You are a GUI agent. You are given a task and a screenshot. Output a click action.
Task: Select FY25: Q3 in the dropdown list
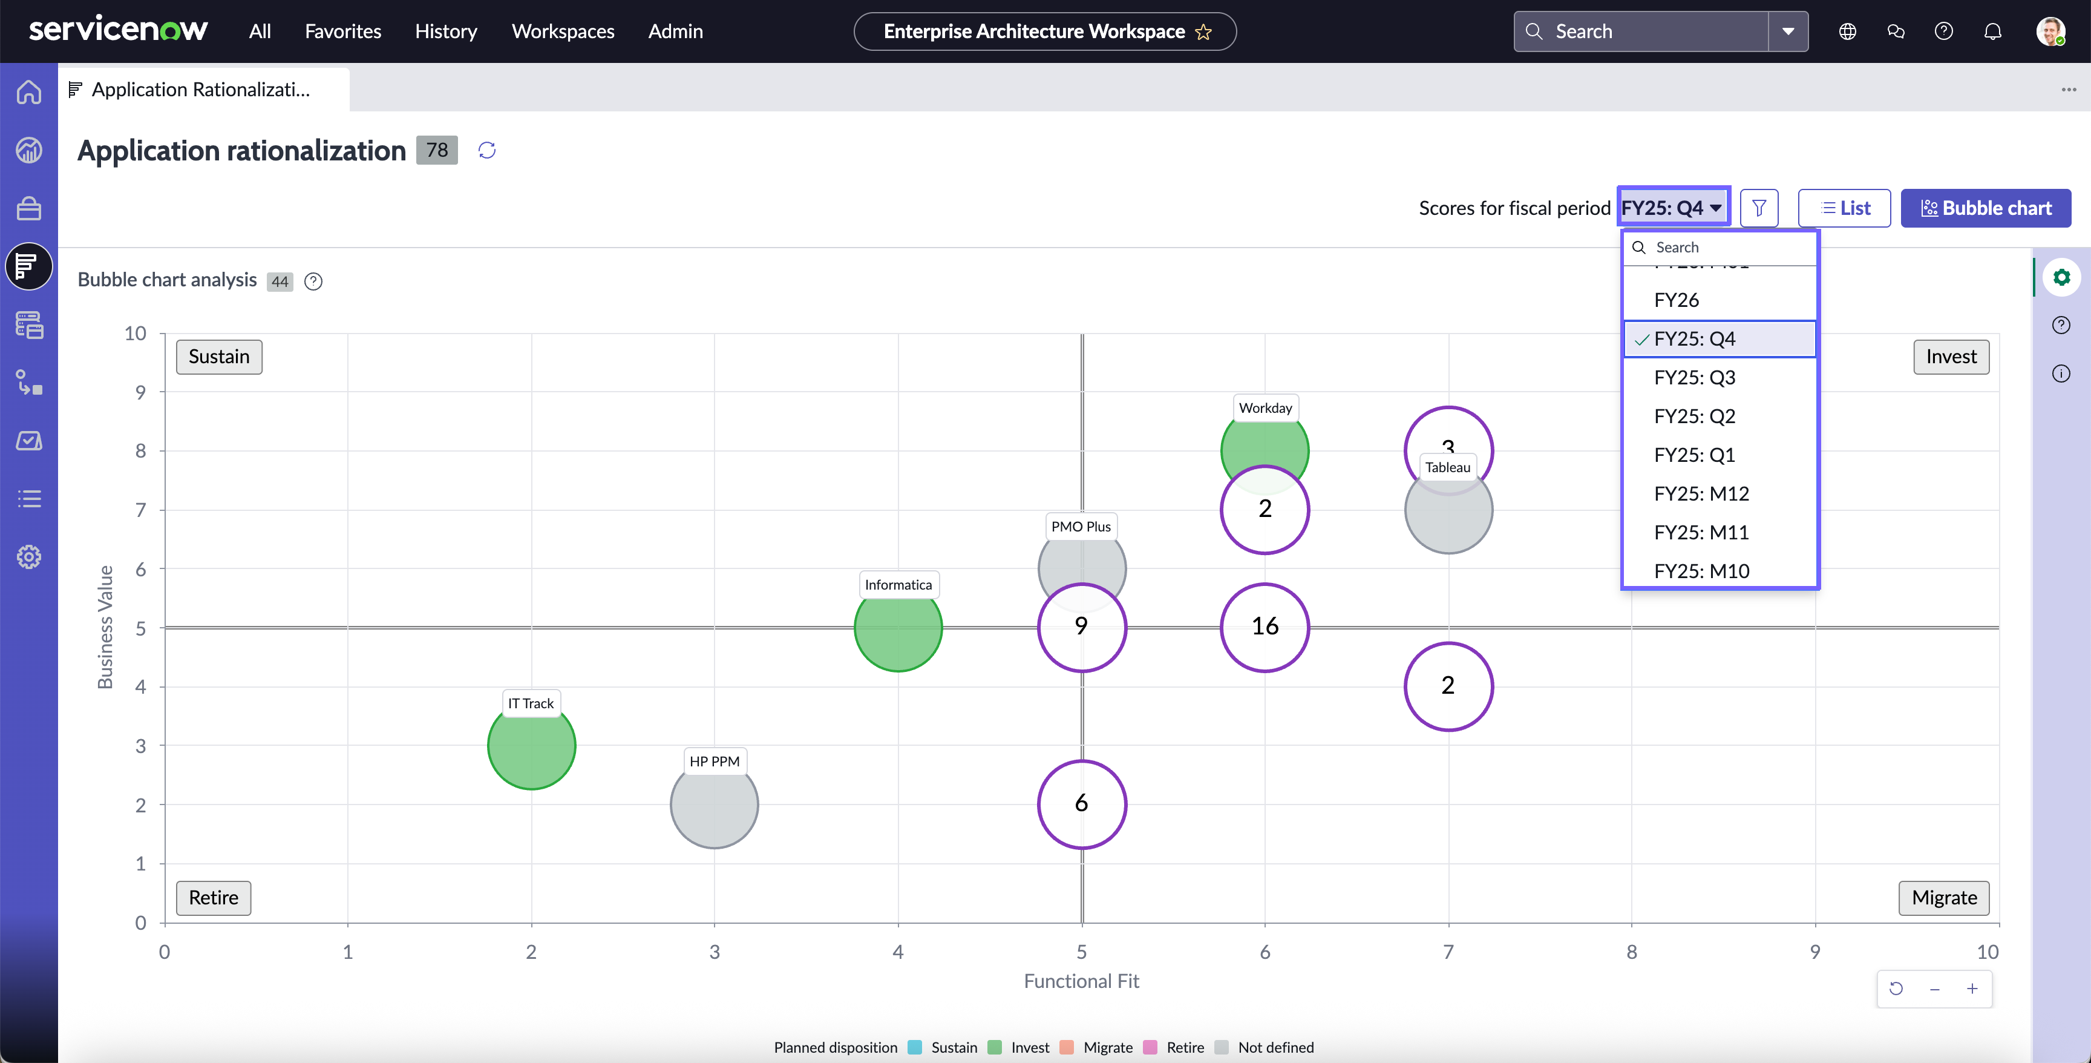tap(1694, 378)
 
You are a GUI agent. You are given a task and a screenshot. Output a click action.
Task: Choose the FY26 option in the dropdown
tap(1676, 300)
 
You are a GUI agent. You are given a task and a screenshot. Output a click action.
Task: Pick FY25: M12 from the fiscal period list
tap(1701, 494)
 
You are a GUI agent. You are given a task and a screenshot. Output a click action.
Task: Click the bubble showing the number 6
tap(1081, 804)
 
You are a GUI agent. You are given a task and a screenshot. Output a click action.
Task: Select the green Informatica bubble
tap(898, 628)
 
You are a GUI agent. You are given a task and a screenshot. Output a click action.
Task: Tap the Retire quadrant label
tap(214, 897)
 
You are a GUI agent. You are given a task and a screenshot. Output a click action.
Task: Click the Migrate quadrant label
tap(1944, 897)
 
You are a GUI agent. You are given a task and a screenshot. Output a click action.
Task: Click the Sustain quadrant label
tap(219, 357)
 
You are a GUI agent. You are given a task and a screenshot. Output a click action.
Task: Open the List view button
tap(1844, 208)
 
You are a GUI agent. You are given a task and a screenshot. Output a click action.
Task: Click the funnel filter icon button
tap(1759, 208)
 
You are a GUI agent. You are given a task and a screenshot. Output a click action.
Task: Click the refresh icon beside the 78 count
tap(487, 150)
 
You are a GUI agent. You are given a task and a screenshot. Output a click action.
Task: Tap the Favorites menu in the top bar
tap(342, 31)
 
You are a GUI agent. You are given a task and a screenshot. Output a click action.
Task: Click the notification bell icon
tap(1993, 31)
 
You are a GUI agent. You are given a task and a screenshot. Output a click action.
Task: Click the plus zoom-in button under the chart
tap(1972, 989)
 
